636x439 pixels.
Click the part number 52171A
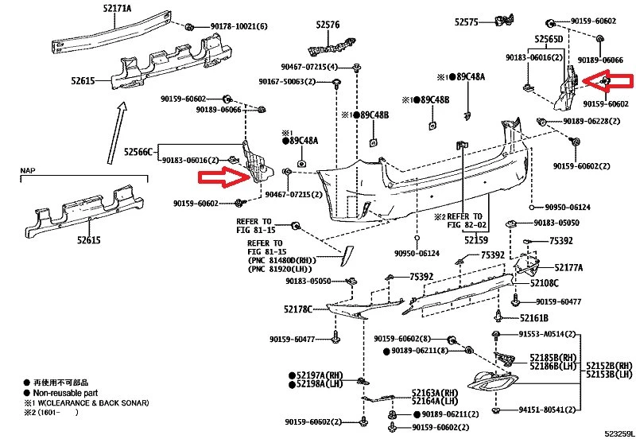click(x=117, y=8)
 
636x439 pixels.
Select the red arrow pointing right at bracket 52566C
click(x=224, y=178)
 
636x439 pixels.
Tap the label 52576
click(x=328, y=25)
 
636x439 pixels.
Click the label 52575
click(x=467, y=22)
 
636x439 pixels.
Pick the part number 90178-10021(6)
click(x=239, y=26)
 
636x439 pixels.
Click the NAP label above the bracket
click(x=28, y=170)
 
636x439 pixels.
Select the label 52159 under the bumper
click(x=476, y=240)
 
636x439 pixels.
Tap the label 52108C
click(x=545, y=283)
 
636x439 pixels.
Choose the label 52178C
click(x=298, y=309)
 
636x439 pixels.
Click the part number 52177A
click(x=568, y=267)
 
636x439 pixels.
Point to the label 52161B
click(x=534, y=318)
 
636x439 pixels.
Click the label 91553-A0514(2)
click(x=547, y=334)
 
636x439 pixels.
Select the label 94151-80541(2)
click(x=547, y=410)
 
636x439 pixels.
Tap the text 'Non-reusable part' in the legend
click(x=65, y=393)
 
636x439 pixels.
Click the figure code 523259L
click(x=619, y=433)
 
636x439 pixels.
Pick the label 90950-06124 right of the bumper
click(x=568, y=208)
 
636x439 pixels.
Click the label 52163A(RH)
click(x=435, y=393)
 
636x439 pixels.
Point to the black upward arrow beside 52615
click(x=117, y=133)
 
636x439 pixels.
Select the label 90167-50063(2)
click(x=287, y=82)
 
